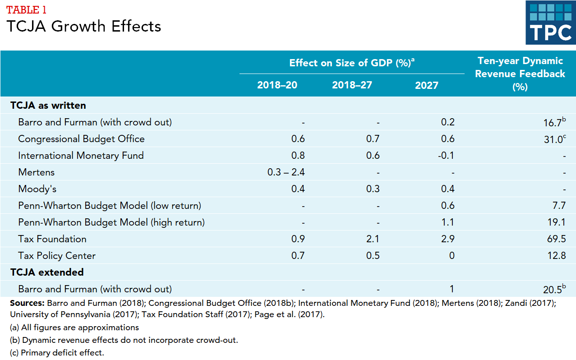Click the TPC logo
point(550,23)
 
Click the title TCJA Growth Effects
point(84,26)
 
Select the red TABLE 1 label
point(26,9)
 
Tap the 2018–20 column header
point(277,85)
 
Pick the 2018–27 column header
point(352,85)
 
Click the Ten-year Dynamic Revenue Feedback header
point(520,74)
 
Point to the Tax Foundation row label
point(52,239)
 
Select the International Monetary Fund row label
point(81,156)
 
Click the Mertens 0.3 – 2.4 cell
point(286,172)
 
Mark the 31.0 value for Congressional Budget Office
point(554,139)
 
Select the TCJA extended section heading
point(47,272)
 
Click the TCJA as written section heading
point(48,106)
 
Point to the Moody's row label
point(37,189)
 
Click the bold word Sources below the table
point(27,303)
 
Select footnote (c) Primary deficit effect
point(57,353)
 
